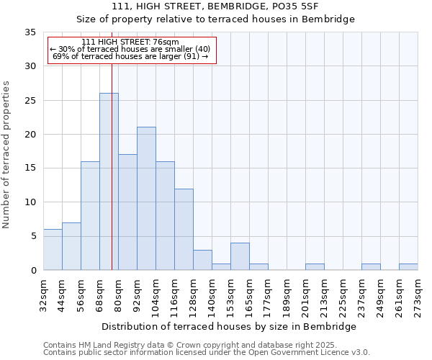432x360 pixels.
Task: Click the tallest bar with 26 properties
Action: coord(109,181)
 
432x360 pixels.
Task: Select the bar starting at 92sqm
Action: coord(146,198)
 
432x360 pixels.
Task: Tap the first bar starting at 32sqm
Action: coord(53,249)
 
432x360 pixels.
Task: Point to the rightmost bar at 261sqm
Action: coord(408,266)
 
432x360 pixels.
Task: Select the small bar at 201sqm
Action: coord(315,266)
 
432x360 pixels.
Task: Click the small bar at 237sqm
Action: coord(371,266)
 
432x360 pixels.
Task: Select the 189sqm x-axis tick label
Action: coord(287,297)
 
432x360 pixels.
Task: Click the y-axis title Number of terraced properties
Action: coord(6,154)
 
